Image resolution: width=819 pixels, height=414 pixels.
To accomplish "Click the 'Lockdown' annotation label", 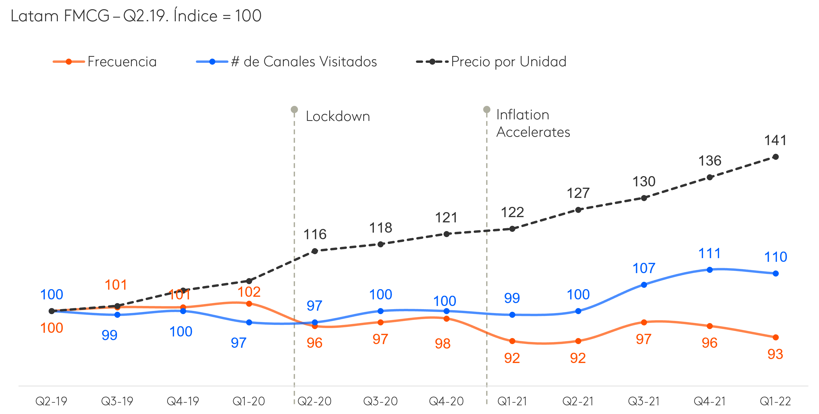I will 338,116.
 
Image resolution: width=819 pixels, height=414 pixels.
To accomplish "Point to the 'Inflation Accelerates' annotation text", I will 533,123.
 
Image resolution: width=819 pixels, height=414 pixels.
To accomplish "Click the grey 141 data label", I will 775,140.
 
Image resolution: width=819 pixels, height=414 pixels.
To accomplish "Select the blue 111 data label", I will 709,253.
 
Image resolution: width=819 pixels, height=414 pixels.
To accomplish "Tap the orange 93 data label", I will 775,354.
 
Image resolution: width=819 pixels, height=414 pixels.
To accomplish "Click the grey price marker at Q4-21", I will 710,177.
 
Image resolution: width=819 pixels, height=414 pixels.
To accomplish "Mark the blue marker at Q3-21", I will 644,285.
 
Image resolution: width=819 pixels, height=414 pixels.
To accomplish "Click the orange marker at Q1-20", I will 249,304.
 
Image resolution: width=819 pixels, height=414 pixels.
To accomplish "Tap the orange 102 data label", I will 249,292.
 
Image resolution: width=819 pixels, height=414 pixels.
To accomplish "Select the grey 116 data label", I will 315,234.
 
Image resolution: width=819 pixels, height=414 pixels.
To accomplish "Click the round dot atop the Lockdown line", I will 294,109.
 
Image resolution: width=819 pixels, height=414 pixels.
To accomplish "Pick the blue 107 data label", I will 644,268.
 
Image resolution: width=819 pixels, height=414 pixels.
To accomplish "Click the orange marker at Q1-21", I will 512,341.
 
